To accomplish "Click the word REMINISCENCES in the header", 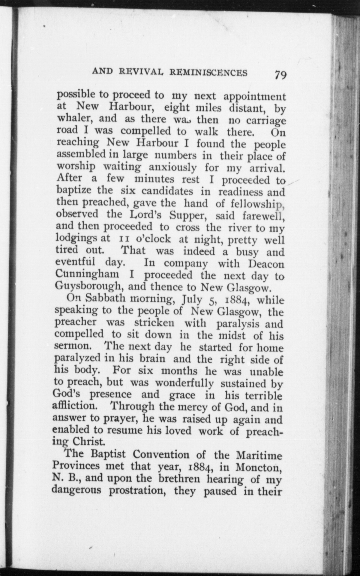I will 209,72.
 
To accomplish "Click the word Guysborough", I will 90,287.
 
